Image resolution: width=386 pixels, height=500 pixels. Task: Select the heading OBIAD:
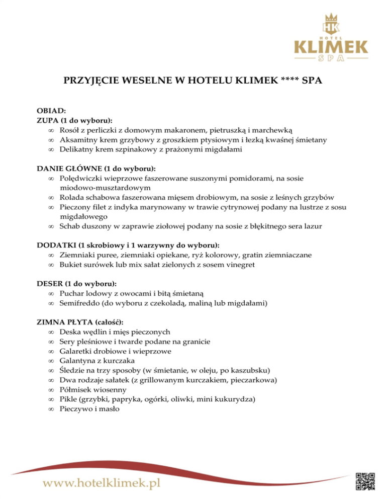tap(51, 111)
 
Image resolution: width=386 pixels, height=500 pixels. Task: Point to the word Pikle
tap(68, 399)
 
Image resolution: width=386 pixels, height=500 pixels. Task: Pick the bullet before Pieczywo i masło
tap(51, 409)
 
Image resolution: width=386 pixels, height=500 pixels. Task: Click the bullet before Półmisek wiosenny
tap(51, 390)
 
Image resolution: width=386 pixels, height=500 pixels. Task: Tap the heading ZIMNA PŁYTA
tap(65, 322)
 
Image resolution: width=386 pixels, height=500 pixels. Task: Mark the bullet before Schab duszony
tap(51, 226)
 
